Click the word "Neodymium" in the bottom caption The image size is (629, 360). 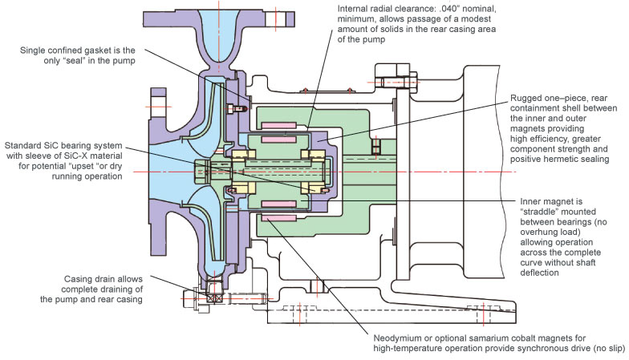tap(398, 337)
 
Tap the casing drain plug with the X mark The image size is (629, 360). tap(213, 296)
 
